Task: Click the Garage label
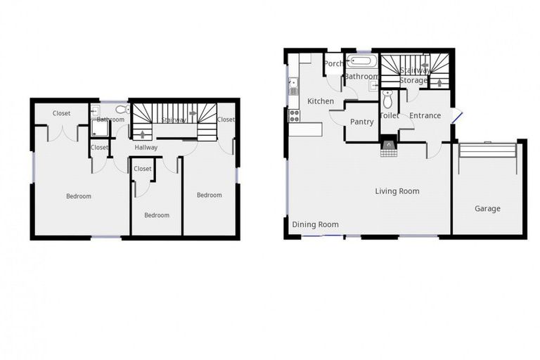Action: coord(487,208)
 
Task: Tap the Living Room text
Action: coord(397,191)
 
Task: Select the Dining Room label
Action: coord(315,224)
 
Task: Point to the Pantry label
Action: coord(362,122)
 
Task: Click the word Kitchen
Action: coord(321,101)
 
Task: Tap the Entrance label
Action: coord(425,116)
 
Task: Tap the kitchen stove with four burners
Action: coord(294,115)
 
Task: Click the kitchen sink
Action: coord(293,86)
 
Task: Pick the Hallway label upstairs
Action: coord(146,147)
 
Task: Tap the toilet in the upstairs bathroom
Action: coord(121,110)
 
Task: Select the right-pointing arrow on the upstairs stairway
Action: coord(192,112)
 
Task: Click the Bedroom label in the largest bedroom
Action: coord(79,196)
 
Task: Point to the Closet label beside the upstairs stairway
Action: coord(226,120)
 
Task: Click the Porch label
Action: coord(333,64)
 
